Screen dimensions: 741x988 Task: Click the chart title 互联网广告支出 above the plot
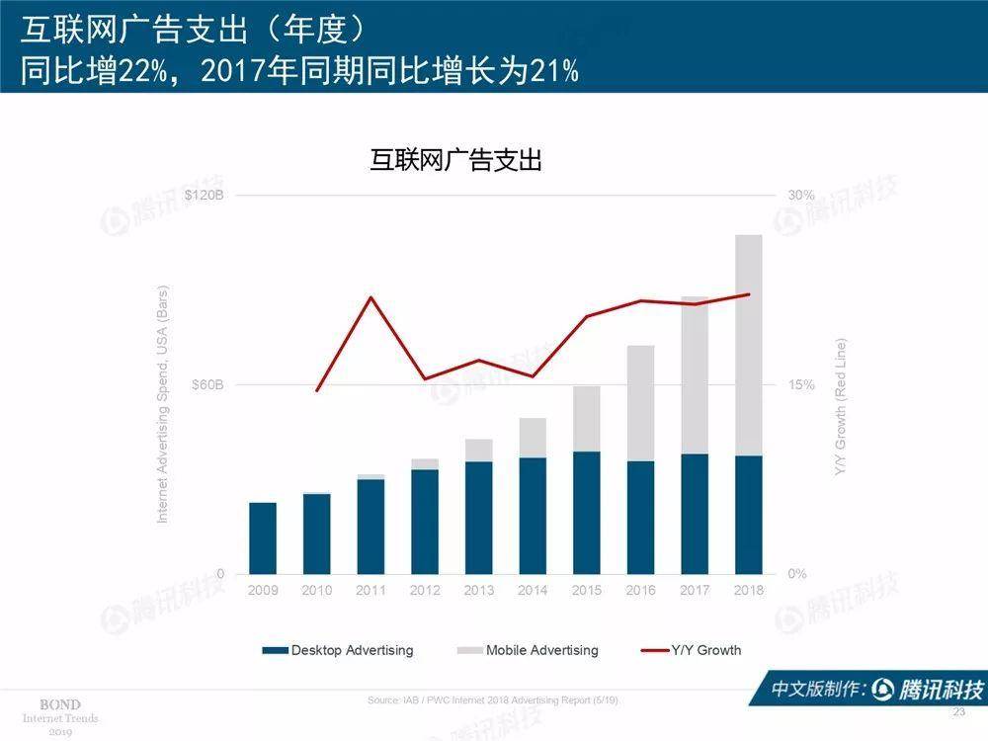[456, 160]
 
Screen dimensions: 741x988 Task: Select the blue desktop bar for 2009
[263, 537]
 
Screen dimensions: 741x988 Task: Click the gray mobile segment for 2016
[640, 402]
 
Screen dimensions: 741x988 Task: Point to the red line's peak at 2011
[370, 297]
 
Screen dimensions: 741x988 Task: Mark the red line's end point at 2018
[749, 294]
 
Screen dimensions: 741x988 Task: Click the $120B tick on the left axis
[205, 196]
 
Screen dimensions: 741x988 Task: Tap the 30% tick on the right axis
[800, 196]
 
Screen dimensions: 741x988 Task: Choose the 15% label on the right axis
[800, 384]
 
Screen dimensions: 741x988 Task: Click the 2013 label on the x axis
[478, 591]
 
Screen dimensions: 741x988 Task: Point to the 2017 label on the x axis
[695, 591]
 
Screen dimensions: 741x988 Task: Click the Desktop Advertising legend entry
[338, 650]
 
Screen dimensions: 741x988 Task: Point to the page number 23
[957, 712]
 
